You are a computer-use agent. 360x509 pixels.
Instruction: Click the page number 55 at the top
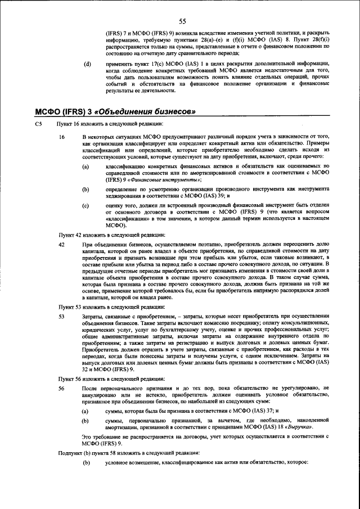point(182,22)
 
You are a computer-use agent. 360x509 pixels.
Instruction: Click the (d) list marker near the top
point(87,64)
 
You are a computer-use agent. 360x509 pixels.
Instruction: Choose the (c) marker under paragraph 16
point(85,205)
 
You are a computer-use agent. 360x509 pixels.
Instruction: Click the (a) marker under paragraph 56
point(85,412)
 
